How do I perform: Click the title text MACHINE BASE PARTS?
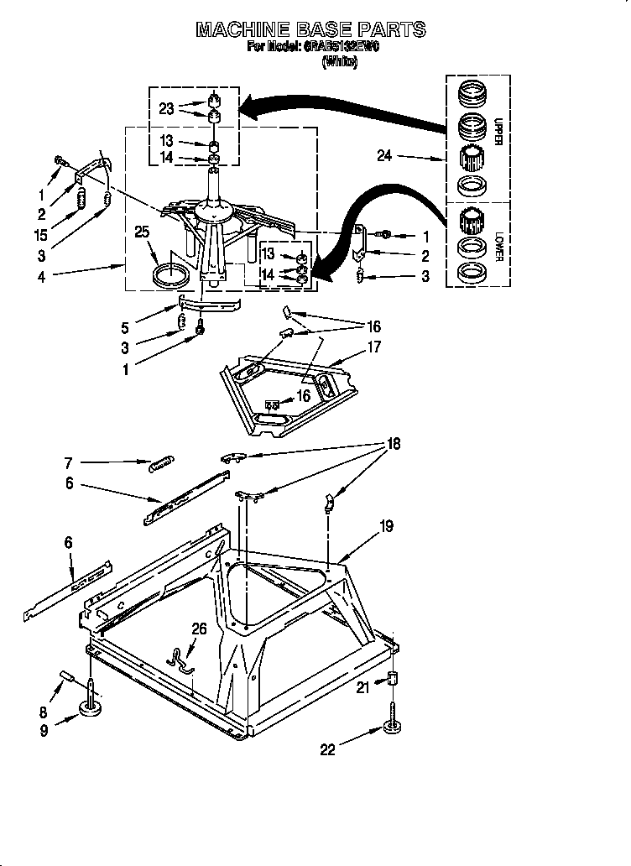pyautogui.click(x=310, y=30)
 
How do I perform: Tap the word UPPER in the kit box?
pyautogui.click(x=498, y=133)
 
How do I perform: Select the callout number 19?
pyautogui.click(x=385, y=526)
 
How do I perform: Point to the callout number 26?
pyautogui.click(x=198, y=628)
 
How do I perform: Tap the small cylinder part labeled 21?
pyautogui.click(x=392, y=678)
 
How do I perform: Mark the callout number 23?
pyautogui.click(x=166, y=107)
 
